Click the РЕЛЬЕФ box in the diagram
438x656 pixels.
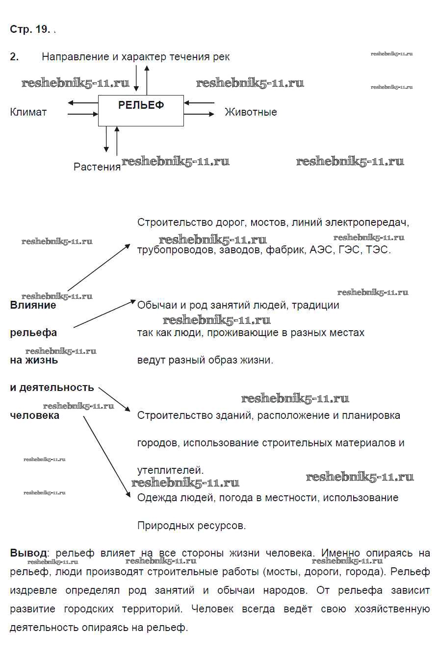point(141,110)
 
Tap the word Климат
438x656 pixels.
point(28,112)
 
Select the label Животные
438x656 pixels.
point(251,112)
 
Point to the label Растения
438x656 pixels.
point(97,167)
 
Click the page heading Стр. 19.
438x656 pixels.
point(30,29)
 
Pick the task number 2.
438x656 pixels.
point(14,57)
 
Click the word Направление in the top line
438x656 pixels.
point(75,57)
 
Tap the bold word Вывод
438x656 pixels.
point(29,553)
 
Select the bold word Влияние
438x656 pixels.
point(33,305)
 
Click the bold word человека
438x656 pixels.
point(35,415)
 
